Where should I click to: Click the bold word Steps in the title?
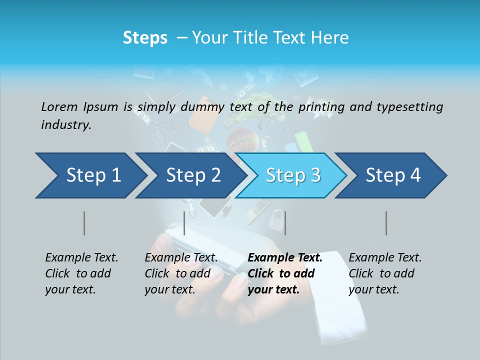click(145, 38)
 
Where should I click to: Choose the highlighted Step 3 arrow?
click(293, 175)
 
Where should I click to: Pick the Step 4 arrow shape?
click(393, 175)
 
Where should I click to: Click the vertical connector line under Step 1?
click(84, 223)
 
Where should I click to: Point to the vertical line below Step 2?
click(184, 223)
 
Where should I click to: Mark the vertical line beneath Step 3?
click(285, 223)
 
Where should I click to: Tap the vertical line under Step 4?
click(386, 223)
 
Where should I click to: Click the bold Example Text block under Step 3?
click(285, 273)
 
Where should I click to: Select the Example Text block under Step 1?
click(82, 273)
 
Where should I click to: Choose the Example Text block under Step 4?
click(385, 273)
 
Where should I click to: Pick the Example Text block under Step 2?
click(181, 273)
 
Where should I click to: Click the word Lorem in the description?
click(59, 106)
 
